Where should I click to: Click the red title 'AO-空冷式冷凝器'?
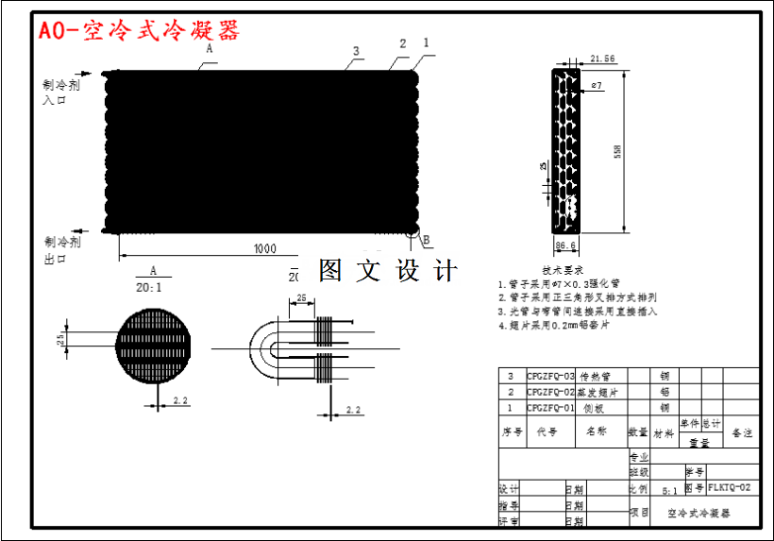coord(139,31)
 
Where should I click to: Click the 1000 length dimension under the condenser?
coord(264,248)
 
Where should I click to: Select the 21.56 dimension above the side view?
coord(601,59)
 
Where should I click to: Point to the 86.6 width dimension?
coord(565,245)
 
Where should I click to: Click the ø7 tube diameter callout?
coord(596,86)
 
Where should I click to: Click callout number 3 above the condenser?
coord(356,51)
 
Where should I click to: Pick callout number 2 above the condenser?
coord(403,43)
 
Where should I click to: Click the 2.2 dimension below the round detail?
coord(180,401)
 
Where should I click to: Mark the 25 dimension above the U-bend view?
coord(301,298)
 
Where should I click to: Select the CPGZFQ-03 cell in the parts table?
coord(549,376)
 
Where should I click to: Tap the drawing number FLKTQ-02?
coord(732,488)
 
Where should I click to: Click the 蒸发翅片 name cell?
coord(597,392)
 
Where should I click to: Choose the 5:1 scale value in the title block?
coord(668,491)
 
